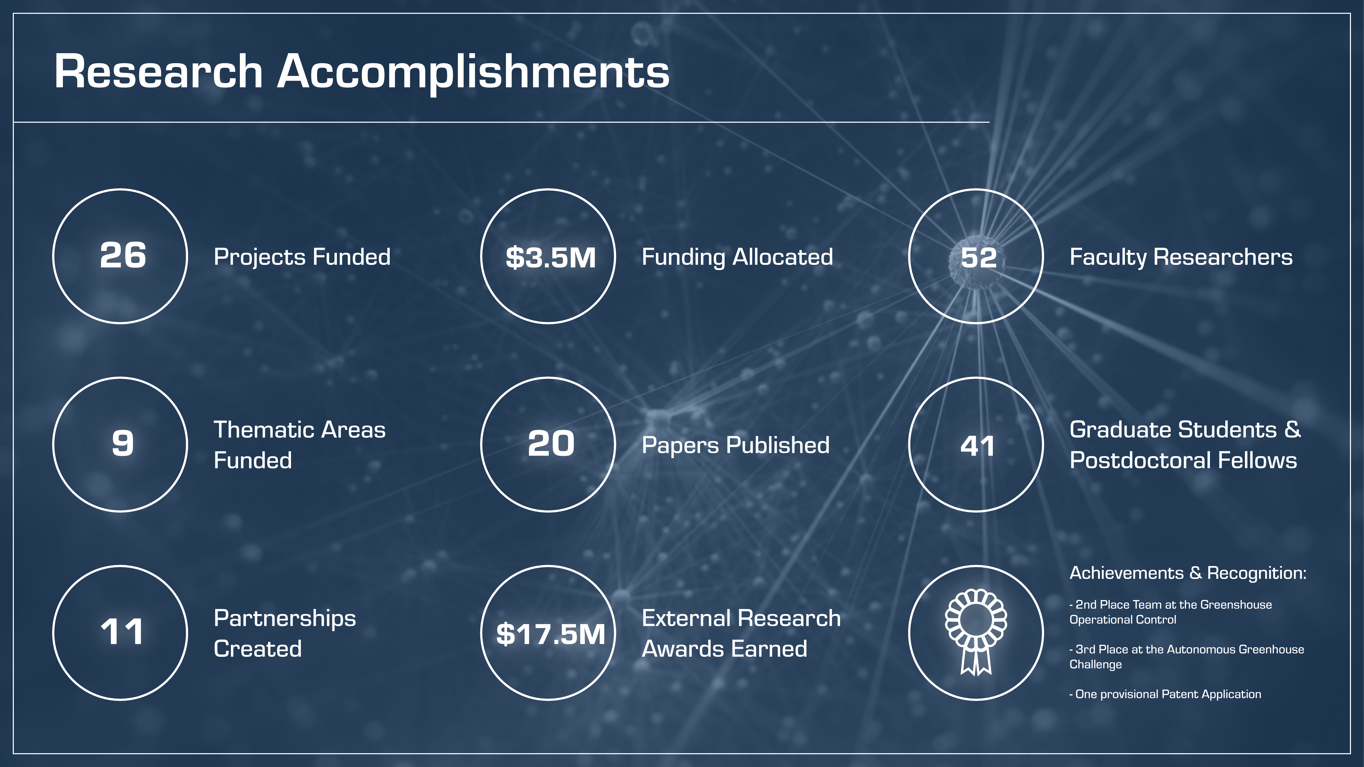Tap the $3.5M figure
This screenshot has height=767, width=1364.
(x=551, y=258)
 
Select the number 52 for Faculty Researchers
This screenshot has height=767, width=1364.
(x=979, y=258)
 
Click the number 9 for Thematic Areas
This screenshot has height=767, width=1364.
(x=123, y=444)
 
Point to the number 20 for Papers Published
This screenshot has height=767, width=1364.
(x=551, y=444)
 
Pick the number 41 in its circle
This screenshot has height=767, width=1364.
(x=977, y=446)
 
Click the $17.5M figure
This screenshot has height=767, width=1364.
(x=551, y=634)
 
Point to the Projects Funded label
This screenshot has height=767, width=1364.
(x=302, y=257)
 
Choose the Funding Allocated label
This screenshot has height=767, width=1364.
(x=737, y=257)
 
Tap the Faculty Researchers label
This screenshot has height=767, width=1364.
(x=1181, y=257)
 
